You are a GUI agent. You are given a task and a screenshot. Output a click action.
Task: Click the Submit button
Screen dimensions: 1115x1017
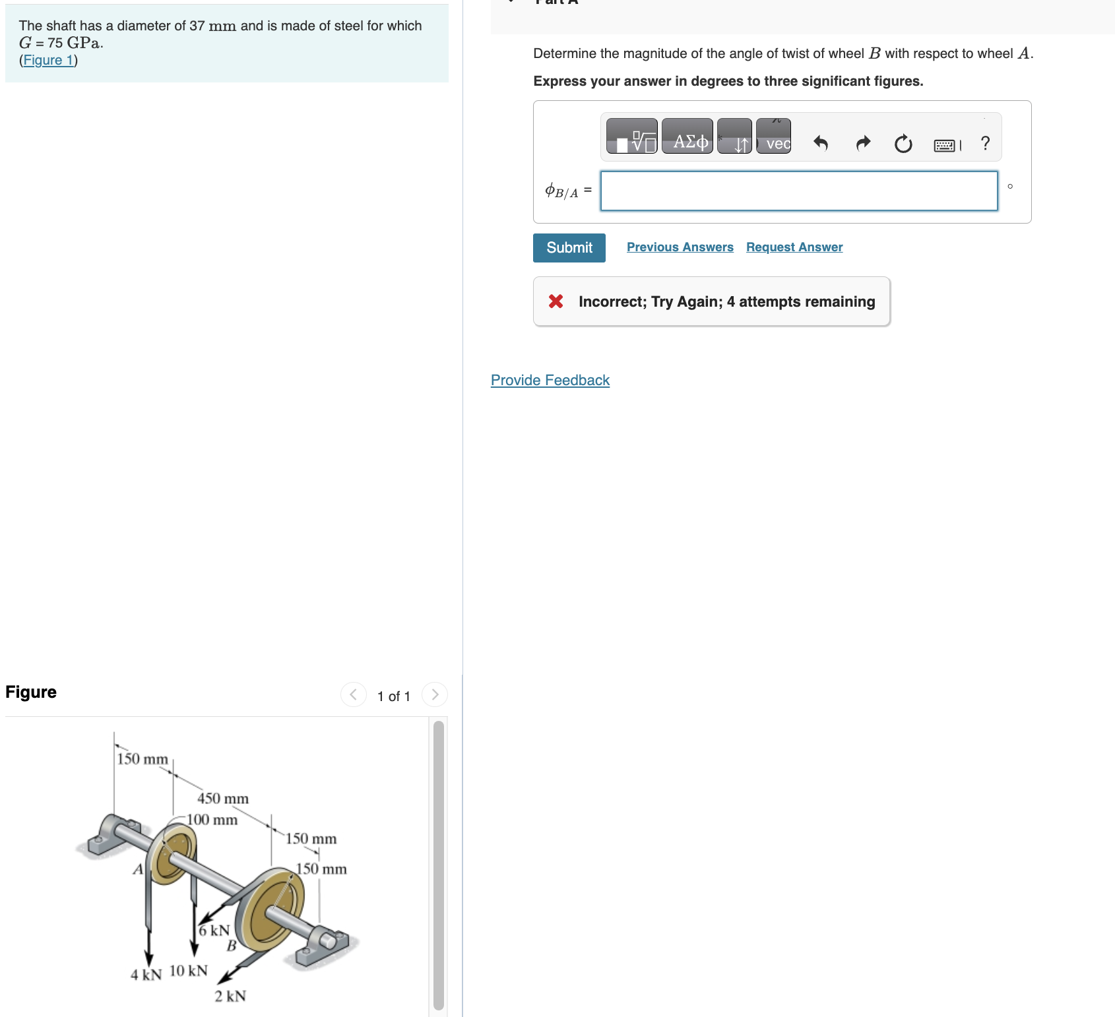(x=569, y=248)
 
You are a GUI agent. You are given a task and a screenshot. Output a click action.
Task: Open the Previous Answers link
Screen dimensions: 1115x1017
(x=680, y=247)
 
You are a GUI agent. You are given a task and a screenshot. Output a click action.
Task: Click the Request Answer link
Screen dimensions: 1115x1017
(x=794, y=247)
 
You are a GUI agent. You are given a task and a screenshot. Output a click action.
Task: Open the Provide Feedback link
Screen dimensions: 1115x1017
(x=550, y=381)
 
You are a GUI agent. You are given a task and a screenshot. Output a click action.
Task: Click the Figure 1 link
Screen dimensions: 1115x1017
(x=48, y=60)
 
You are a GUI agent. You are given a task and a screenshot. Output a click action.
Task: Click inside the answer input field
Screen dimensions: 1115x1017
(x=799, y=191)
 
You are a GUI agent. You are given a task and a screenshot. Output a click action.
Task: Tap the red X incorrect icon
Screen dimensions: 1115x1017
(x=556, y=301)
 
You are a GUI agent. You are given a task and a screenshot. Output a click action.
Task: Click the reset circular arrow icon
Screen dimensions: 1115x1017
(x=903, y=143)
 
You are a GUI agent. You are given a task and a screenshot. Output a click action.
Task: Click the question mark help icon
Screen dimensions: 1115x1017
(x=985, y=143)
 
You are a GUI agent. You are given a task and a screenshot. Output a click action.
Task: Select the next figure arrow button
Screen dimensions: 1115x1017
(x=435, y=694)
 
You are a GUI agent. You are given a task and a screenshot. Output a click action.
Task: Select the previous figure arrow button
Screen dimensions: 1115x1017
(x=354, y=694)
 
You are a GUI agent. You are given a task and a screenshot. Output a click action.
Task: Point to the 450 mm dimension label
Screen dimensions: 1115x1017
(x=223, y=799)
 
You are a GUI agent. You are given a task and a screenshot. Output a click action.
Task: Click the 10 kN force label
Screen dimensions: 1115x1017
(x=189, y=971)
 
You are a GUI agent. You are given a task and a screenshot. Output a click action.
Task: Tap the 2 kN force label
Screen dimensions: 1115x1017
(x=230, y=996)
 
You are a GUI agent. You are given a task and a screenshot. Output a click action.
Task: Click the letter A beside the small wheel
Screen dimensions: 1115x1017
(x=138, y=869)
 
